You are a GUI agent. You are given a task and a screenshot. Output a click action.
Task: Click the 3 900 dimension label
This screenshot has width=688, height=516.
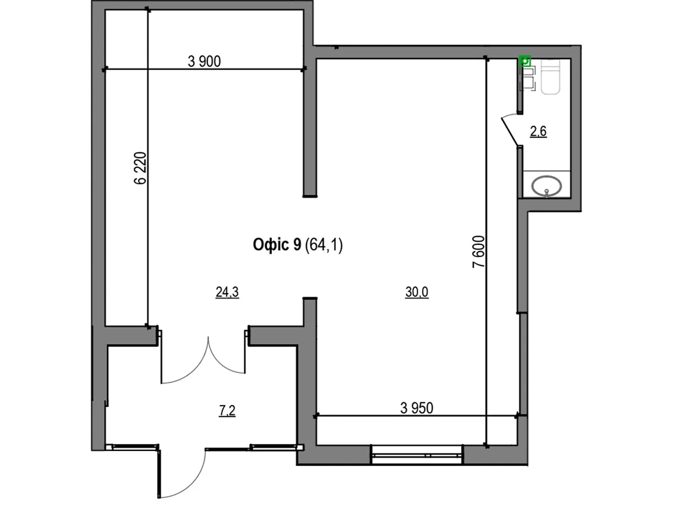coord(204,61)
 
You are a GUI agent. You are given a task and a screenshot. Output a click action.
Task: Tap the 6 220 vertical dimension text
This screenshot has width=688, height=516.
coord(140,168)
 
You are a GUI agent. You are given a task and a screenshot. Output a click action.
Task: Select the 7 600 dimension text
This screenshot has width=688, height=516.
coord(478,252)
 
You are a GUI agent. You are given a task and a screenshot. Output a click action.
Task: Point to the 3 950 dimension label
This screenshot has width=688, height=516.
coord(417,408)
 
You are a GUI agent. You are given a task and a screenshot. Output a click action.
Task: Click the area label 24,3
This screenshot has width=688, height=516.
coord(227,292)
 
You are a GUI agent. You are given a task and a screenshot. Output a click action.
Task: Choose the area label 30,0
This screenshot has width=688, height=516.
coord(417,292)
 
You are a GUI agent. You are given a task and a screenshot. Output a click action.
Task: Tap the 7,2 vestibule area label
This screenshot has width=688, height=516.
coord(227,410)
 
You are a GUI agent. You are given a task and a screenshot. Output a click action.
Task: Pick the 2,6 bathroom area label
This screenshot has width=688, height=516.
coord(538,131)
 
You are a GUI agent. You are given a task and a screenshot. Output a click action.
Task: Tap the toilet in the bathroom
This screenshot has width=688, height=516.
coord(550,77)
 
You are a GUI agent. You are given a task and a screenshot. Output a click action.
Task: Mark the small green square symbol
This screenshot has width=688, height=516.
coord(525,61)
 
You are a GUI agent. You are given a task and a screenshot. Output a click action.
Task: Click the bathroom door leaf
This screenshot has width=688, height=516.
coord(510,131)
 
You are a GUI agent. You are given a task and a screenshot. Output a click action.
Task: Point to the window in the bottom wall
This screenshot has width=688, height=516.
coord(417,454)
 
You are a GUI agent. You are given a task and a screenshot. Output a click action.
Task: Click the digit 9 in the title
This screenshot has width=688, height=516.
coord(297,245)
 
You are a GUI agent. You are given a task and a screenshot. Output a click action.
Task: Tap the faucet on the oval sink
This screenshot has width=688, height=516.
coord(547,193)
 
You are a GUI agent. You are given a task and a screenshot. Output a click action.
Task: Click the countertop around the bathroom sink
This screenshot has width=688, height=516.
coord(547,184)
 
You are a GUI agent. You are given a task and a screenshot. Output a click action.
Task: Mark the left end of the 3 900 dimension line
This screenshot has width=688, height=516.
coord(105,69)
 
